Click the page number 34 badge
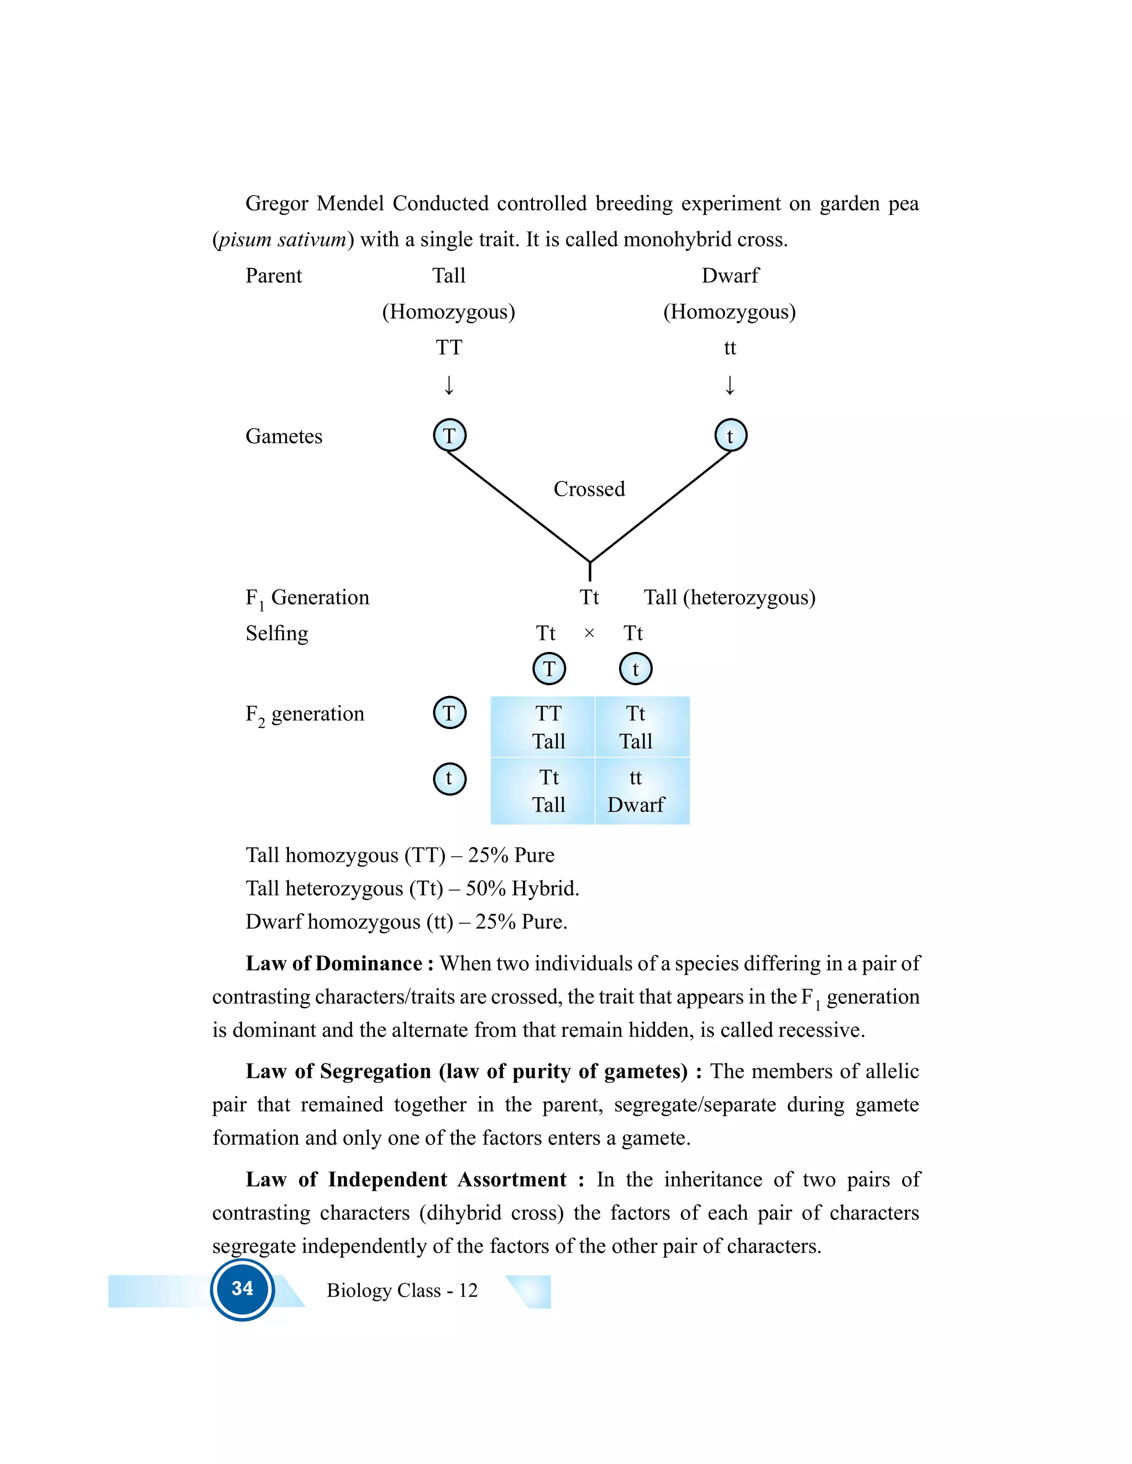tap(242, 1289)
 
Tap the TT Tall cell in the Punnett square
tap(548, 728)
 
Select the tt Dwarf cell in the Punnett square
tap(636, 791)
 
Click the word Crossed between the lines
tap(589, 489)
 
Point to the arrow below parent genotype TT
tap(449, 386)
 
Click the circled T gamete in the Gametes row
tap(449, 436)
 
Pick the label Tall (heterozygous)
tap(729, 597)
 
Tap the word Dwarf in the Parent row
tap(730, 276)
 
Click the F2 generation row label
tap(305, 714)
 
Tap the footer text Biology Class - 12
tap(402, 1291)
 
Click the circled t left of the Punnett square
tap(449, 778)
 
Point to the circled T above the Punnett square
tap(548, 668)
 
